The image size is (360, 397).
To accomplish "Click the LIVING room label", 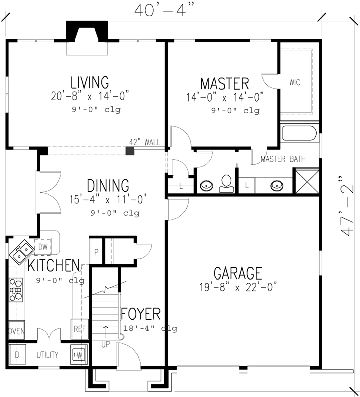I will pos(89,81).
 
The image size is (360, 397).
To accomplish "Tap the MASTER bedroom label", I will pos(224,82).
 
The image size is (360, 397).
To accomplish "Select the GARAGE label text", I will pos(237,273).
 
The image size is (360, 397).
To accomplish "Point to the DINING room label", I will pos(108,185).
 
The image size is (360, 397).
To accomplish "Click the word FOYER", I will pos(141,314).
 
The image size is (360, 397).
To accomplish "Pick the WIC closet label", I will pos(295,82).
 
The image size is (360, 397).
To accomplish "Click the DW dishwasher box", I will pos(42,246).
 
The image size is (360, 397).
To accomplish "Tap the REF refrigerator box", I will pos(80,329).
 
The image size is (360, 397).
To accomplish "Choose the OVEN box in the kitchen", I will pos(16,331).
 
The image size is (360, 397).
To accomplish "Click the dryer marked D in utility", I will pos(17,355).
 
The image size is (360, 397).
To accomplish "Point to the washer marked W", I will pos(78,355).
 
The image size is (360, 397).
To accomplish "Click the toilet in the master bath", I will pos(226,182).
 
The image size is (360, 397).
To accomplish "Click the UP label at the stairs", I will pos(105,343).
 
